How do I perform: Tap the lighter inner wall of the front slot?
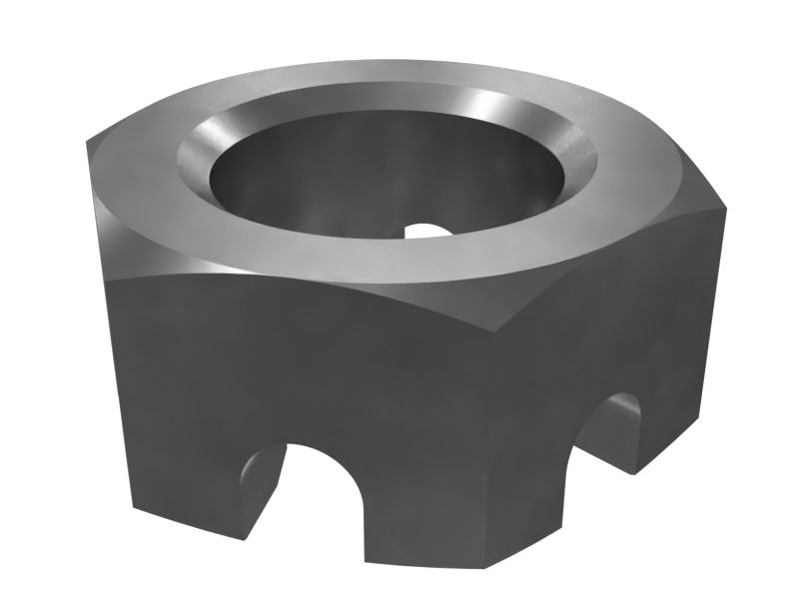pos(259,484)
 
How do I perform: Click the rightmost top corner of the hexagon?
pos(725,209)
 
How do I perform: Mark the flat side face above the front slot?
pos(300,369)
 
